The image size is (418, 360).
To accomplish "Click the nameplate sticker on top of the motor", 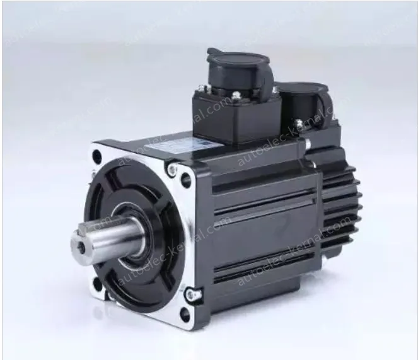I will (166, 144).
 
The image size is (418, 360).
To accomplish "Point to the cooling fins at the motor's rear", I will (344, 208).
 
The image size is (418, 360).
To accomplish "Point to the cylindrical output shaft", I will (104, 236).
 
